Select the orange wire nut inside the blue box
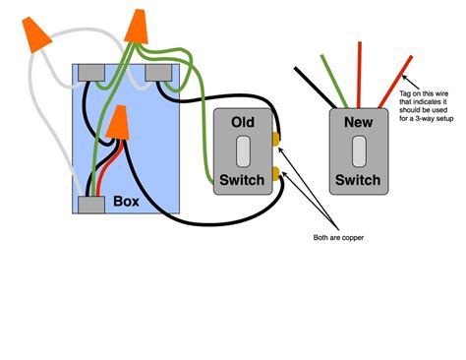point(120,123)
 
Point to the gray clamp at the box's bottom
point(91,205)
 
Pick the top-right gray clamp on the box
point(157,73)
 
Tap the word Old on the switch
point(246,122)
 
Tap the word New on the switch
point(358,122)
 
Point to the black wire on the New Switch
point(318,87)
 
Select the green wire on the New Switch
point(329,75)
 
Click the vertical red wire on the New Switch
point(360,74)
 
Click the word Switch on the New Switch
point(358,180)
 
